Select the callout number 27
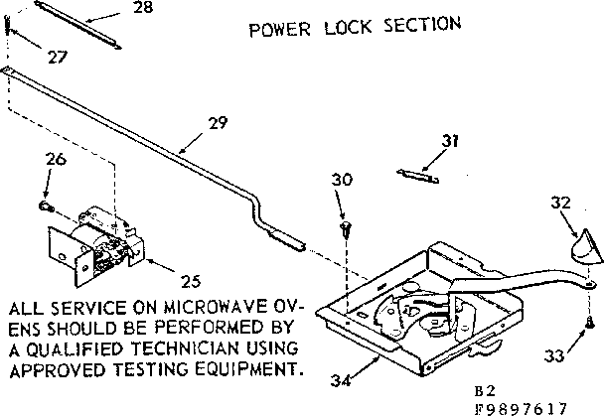click(x=58, y=57)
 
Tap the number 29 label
click(x=218, y=124)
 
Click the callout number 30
click(x=342, y=180)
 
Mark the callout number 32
click(x=561, y=203)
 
